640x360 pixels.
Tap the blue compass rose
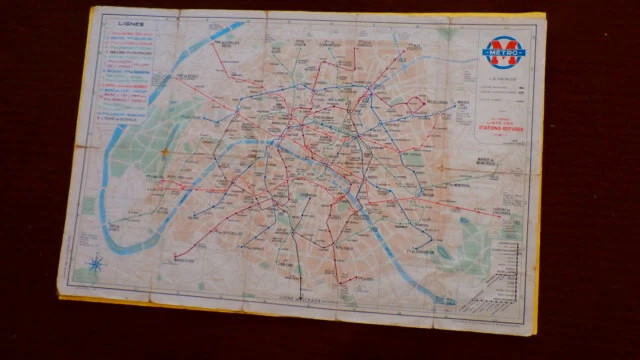click(97, 264)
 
